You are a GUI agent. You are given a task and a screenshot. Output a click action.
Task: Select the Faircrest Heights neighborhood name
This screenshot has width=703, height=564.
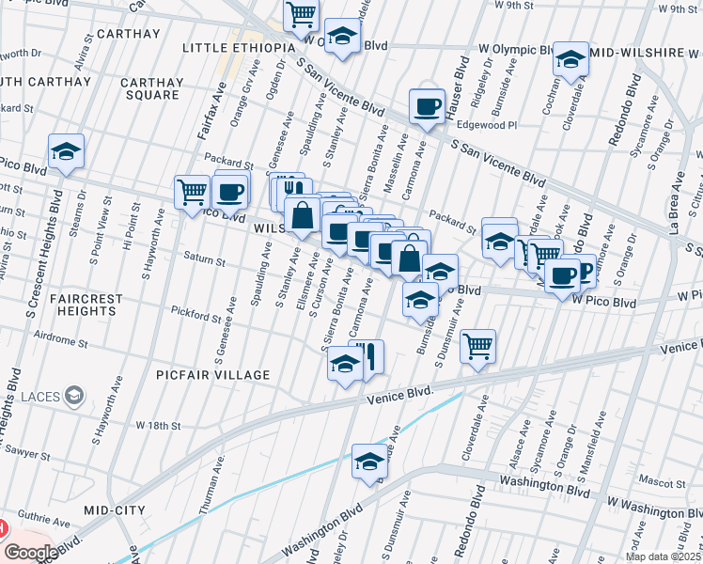pyautogui.click(x=86, y=305)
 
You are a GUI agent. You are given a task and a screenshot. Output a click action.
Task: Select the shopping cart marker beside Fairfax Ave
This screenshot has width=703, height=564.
pyautogui.click(x=193, y=192)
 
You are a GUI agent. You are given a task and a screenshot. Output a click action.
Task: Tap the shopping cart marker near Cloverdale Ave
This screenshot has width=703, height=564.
pyautogui.click(x=478, y=346)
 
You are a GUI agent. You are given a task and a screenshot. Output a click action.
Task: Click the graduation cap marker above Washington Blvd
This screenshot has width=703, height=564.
pyautogui.click(x=369, y=462)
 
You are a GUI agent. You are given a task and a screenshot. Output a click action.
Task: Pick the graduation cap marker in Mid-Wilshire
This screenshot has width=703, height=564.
pyautogui.click(x=570, y=59)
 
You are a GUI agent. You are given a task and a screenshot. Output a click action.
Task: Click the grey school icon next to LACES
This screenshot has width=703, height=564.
pyautogui.click(x=72, y=396)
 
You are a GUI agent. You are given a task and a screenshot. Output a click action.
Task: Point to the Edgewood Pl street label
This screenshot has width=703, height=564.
pyautogui.click(x=487, y=124)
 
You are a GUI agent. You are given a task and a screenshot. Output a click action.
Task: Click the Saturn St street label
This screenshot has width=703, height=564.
pyautogui.click(x=204, y=261)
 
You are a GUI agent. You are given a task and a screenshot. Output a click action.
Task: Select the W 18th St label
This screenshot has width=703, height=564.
pyautogui.click(x=157, y=426)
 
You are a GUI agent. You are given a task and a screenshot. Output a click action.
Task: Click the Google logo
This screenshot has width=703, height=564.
pyautogui.click(x=31, y=553)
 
